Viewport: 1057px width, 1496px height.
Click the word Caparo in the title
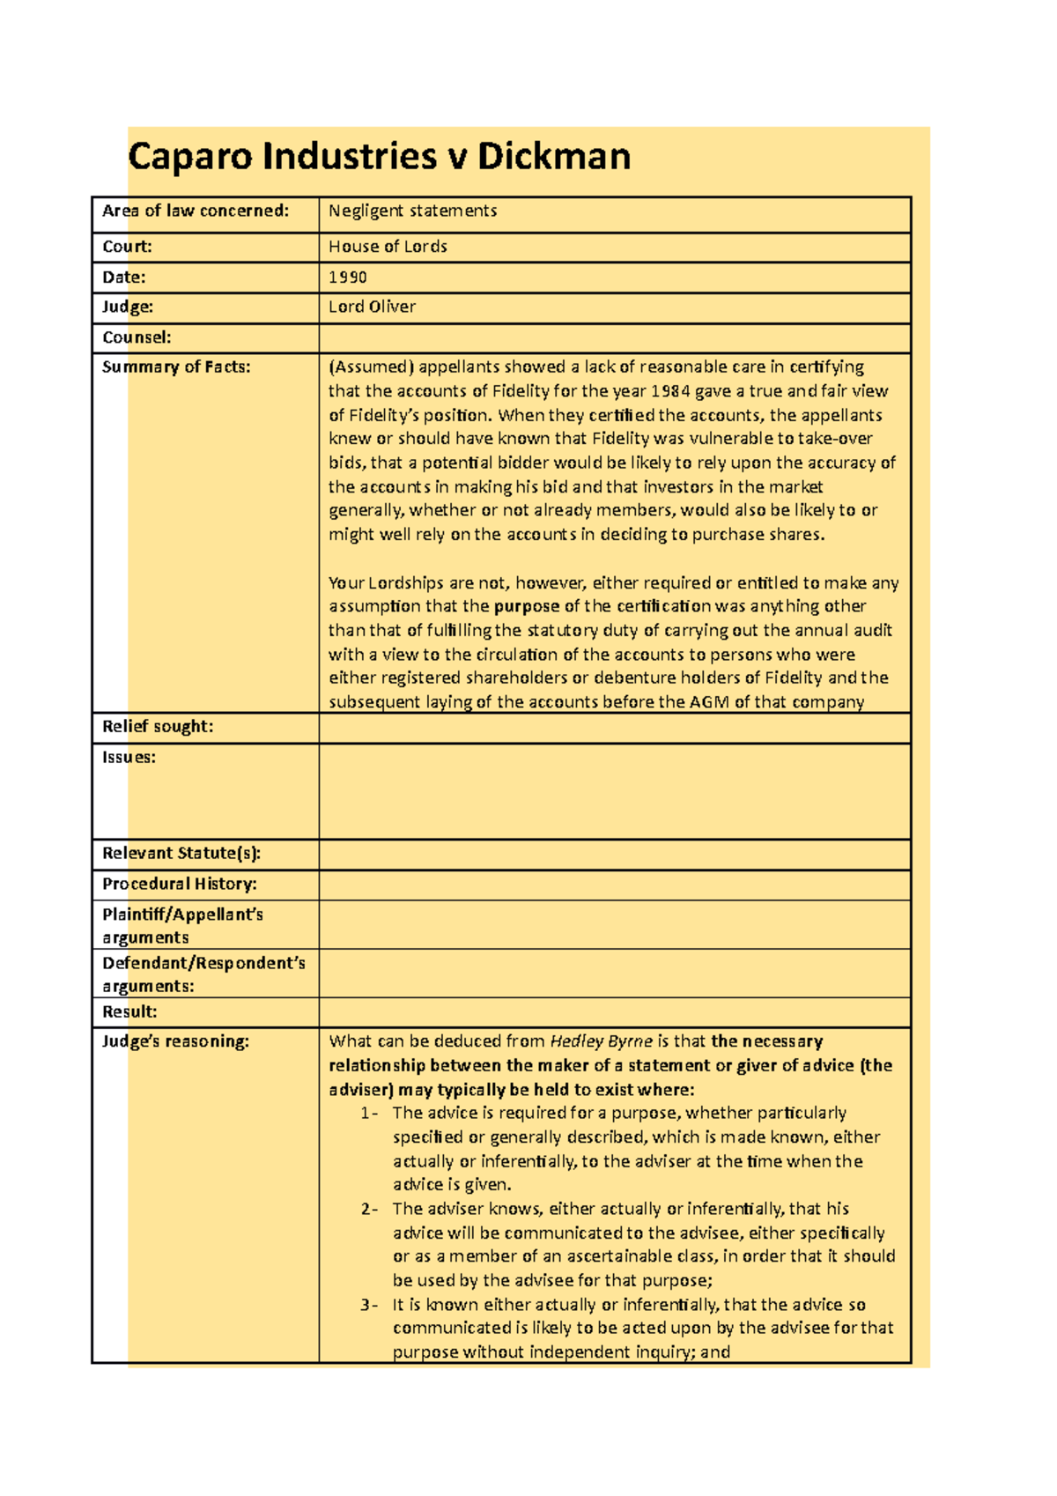click(x=190, y=157)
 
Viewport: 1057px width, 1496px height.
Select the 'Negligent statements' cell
click(x=412, y=211)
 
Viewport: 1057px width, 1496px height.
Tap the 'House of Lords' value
click(x=388, y=248)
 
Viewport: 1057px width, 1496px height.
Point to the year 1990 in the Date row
click(x=347, y=278)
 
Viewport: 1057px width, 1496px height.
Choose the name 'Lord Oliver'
click(x=372, y=307)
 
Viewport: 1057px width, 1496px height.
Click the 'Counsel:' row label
click(x=137, y=337)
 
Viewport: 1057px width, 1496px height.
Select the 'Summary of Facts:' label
click(x=176, y=367)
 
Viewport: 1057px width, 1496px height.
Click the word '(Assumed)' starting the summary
click(x=370, y=367)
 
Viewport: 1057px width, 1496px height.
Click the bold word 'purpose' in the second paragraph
click(x=526, y=606)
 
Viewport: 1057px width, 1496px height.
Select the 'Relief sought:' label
click(x=158, y=727)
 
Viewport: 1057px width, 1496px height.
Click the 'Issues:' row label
click(x=129, y=758)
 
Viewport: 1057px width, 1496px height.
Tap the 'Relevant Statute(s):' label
click(x=181, y=854)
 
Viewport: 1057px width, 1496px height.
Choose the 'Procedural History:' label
click(x=179, y=885)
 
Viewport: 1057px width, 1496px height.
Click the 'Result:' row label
click(x=129, y=1012)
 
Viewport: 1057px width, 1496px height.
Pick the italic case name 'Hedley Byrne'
click(x=601, y=1041)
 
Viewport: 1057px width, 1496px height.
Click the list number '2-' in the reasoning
click(x=369, y=1209)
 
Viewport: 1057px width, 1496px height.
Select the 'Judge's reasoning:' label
click(x=175, y=1041)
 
